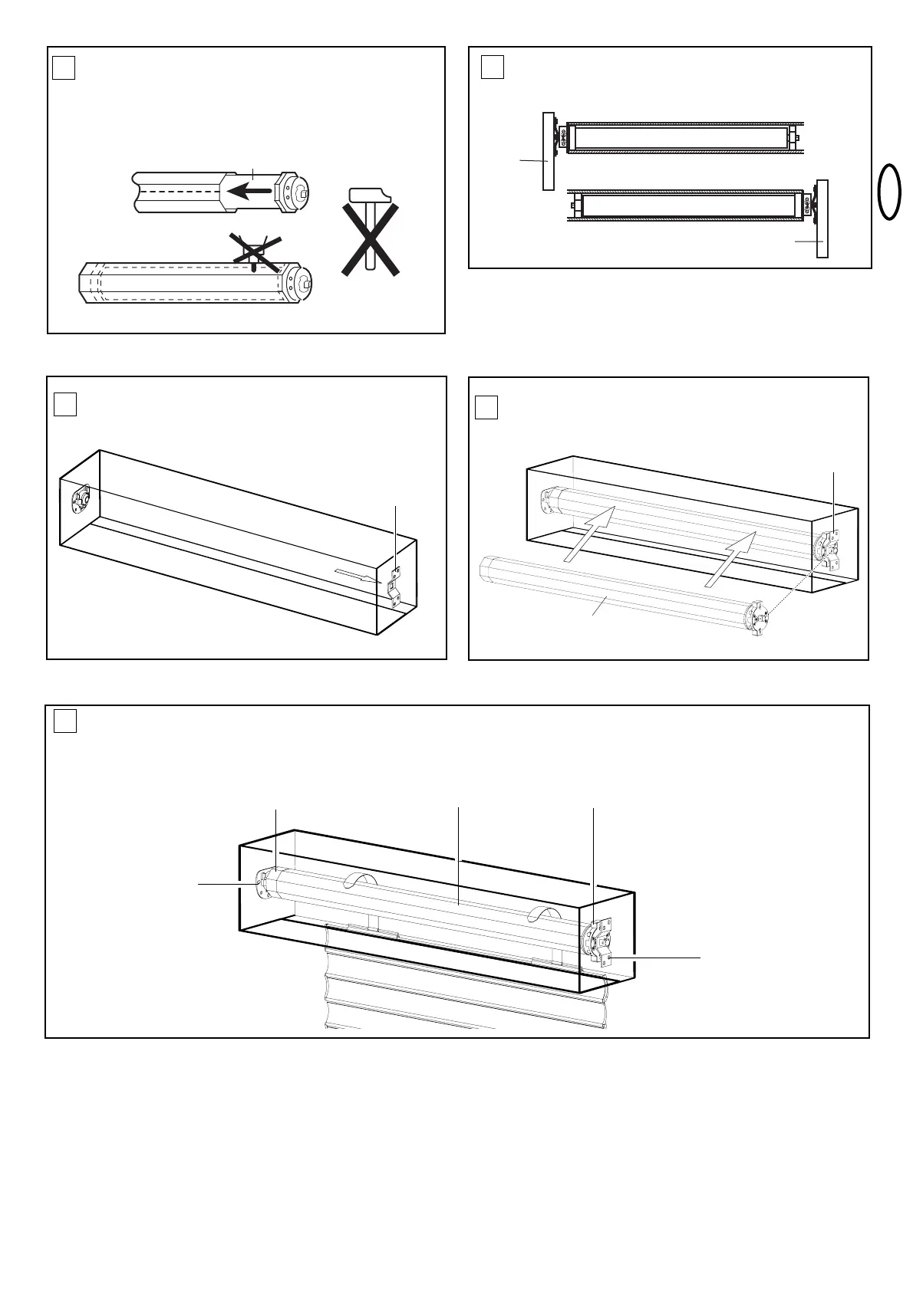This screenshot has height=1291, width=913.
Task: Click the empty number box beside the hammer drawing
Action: [64, 69]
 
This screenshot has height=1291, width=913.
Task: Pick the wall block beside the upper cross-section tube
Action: [548, 151]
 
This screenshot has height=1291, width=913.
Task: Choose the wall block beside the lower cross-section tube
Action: [822, 218]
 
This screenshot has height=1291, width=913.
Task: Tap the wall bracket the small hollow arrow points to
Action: [394, 587]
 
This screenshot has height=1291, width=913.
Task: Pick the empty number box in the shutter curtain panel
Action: [65, 721]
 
